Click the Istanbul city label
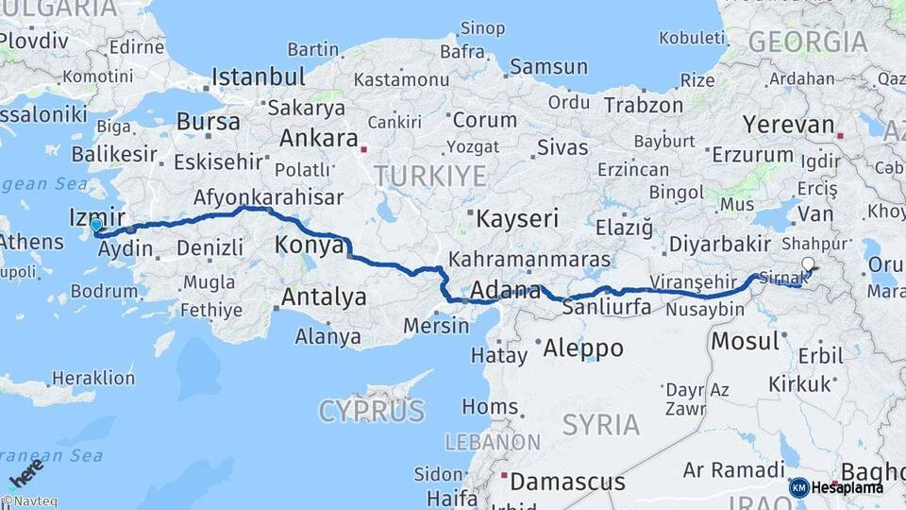[x=258, y=76]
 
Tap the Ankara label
[x=315, y=138]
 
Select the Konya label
[x=309, y=246]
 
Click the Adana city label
[x=505, y=290]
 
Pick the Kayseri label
[x=518, y=219]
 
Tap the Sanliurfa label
[x=610, y=307]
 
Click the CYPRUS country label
[x=372, y=411]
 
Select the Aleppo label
[x=583, y=348]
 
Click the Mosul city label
[x=745, y=341]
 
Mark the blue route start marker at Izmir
[x=96, y=227]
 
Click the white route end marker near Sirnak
[x=808, y=265]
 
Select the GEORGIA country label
[x=807, y=42]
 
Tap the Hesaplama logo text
[x=847, y=487]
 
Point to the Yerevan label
[x=789, y=125]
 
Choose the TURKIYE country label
[x=429, y=176]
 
